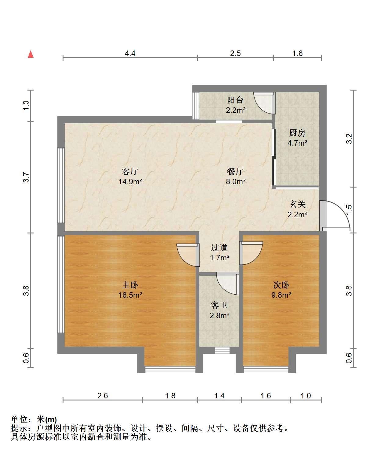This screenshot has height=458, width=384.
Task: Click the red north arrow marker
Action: [31, 54]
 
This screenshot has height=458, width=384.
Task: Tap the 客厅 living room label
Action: [130, 171]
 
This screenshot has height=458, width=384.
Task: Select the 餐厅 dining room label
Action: [235, 171]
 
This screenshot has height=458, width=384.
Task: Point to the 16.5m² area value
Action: [130, 295]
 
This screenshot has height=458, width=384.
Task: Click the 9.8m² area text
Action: [281, 295]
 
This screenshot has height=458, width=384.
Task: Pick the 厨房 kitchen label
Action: [297, 133]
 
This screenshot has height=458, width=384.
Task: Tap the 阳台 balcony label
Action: [235, 100]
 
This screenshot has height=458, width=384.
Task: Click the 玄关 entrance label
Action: [297, 204]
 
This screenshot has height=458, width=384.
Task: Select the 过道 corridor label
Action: [219, 248]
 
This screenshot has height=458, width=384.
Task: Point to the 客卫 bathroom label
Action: [219, 305]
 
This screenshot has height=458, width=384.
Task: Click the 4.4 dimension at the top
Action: [130, 53]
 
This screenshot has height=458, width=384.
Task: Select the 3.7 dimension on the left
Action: [26, 177]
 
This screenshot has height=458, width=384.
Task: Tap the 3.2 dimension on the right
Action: [349, 138]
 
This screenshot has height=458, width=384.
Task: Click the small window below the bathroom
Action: [219, 350]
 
